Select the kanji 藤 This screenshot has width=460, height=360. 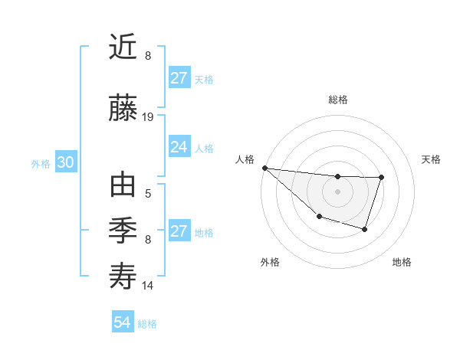[x=123, y=109]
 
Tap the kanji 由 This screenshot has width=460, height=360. [x=123, y=186]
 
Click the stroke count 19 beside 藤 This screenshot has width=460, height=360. [x=148, y=117]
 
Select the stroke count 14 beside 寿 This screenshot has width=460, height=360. [x=148, y=286]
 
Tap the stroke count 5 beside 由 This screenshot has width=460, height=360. [x=148, y=194]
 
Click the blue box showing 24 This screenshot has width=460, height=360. [x=179, y=148]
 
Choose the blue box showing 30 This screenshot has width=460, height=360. [x=65, y=163]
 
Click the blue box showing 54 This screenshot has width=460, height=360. [x=122, y=323]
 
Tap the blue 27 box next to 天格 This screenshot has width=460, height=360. [x=179, y=79]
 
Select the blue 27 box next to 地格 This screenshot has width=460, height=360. [x=179, y=232]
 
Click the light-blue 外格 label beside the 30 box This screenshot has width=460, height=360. [x=41, y=164]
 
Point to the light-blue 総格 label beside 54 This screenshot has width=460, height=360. [x=147, y=324]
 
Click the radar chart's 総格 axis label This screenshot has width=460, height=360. [x=337, y=100]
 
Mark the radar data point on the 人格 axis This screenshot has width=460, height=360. [x=264, y=168]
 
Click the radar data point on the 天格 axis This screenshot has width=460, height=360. [x=381, y=178]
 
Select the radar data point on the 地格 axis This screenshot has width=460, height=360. [x=365, y=229]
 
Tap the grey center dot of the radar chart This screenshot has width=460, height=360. [x=337, y=191]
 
